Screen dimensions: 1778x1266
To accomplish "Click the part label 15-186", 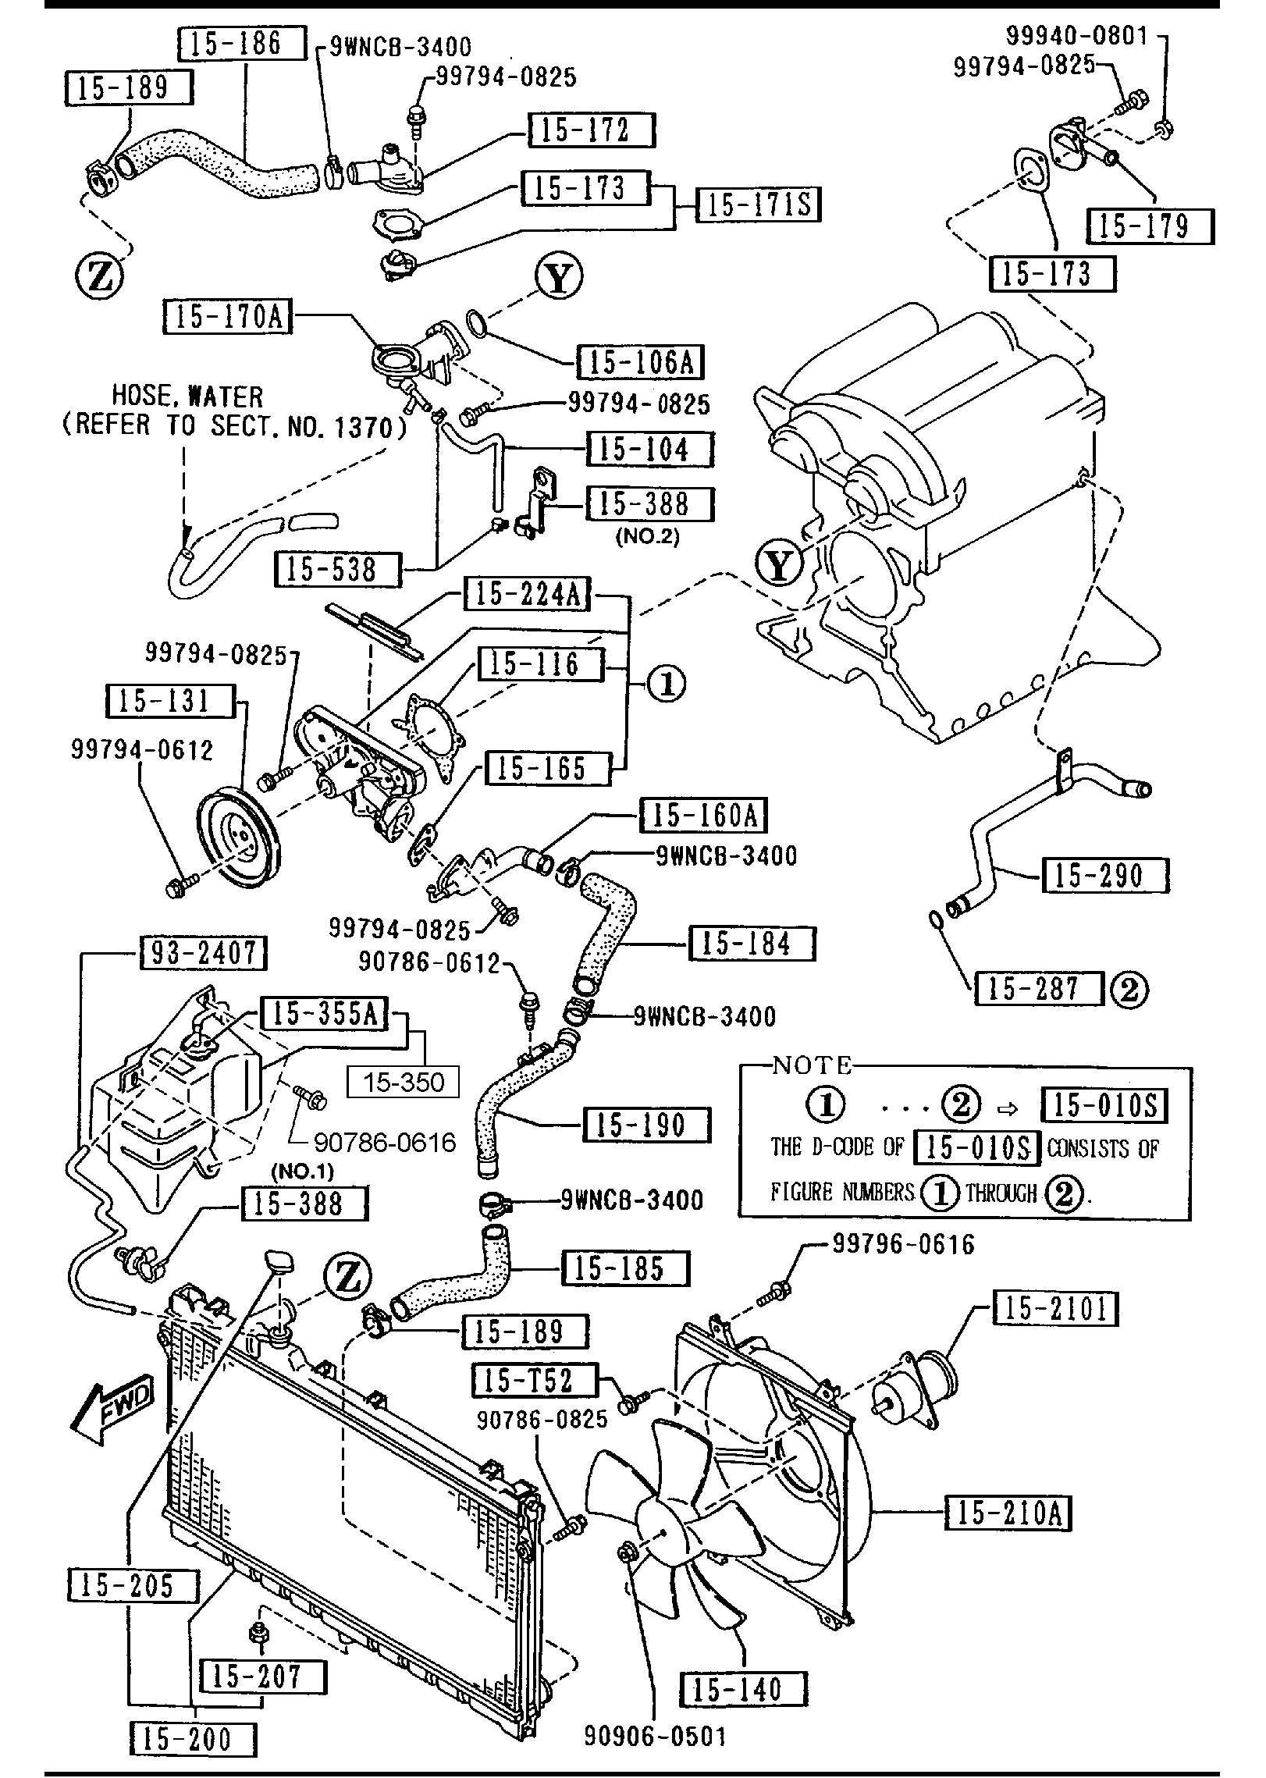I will (242, 44).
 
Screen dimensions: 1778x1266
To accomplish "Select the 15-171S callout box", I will (758, 205).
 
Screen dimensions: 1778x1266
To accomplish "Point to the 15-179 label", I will (1150, 226).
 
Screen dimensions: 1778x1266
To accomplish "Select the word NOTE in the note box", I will (812, 1065).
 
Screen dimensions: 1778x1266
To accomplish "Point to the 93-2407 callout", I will (203, 953).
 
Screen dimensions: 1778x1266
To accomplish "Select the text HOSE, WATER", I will (188, 396).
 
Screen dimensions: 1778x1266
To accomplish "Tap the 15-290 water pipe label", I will (1105, 876).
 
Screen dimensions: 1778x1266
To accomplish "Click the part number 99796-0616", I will (903, 1244).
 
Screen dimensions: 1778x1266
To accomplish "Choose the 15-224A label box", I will (527, 595).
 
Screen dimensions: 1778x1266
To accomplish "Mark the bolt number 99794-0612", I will (142, 750).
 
